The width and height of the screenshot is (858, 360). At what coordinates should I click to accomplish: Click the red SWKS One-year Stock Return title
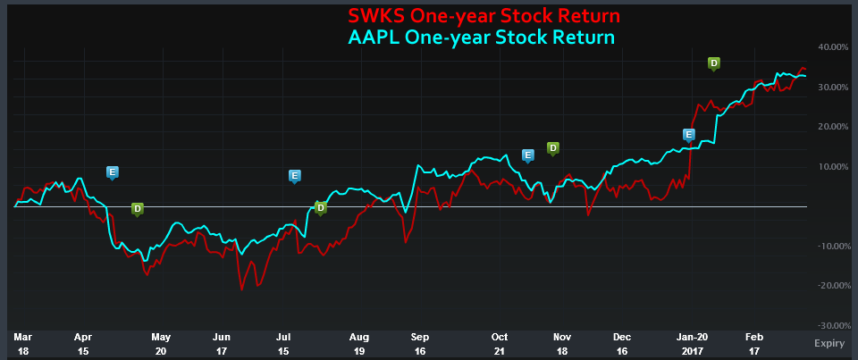coord(484,17)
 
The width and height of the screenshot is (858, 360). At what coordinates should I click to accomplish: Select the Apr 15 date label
coord(83,343)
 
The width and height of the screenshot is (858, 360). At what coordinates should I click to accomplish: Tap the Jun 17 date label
coord(222,343)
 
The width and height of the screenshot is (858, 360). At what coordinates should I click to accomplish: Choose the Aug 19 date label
coord(358,343)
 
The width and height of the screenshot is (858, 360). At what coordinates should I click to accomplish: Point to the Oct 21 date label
coord(500,343)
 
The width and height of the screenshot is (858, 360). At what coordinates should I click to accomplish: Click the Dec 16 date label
coord(623,343)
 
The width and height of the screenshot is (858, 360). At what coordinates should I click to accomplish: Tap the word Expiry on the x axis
coord(829,343)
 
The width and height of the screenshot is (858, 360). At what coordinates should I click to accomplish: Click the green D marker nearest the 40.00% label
coord(713,63)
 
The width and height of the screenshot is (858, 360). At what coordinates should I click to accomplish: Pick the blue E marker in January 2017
coord(688,135)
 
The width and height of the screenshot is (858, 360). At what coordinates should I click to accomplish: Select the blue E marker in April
coord(113,172)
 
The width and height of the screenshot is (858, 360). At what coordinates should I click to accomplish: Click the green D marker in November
coord(552,147)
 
